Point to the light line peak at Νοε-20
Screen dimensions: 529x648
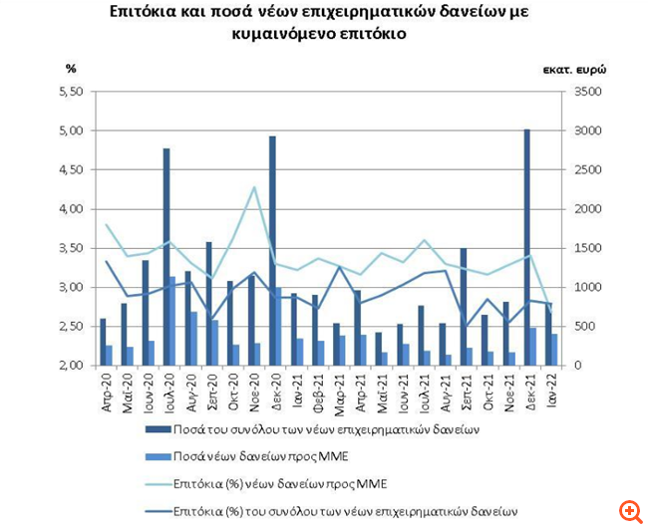point(254,187)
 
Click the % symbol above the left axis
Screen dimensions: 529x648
point(71,68)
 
